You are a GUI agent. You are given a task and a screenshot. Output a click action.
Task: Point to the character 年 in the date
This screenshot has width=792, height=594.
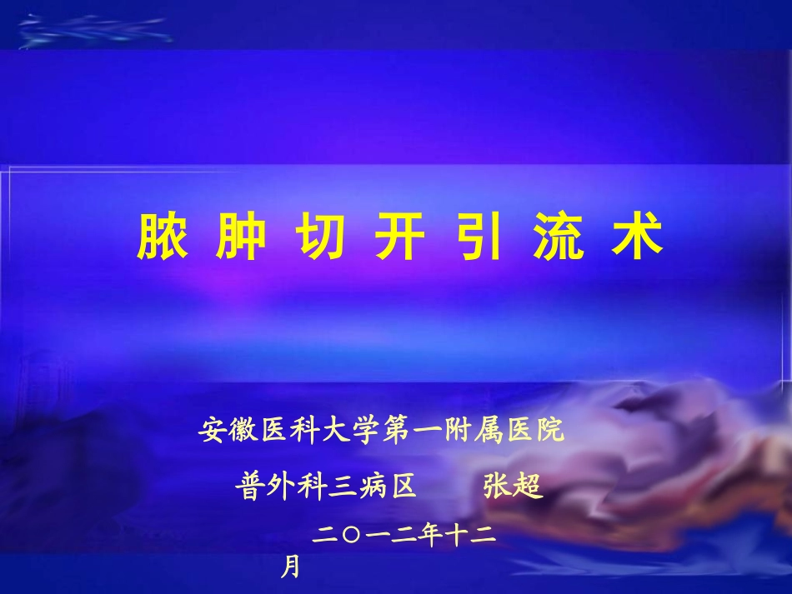click(x=428, y=537)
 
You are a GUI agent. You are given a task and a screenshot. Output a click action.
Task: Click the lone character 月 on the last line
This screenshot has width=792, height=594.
click(x=289, y=568)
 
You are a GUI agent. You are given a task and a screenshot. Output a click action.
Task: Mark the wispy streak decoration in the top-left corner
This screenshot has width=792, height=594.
click(x=96, y=32)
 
